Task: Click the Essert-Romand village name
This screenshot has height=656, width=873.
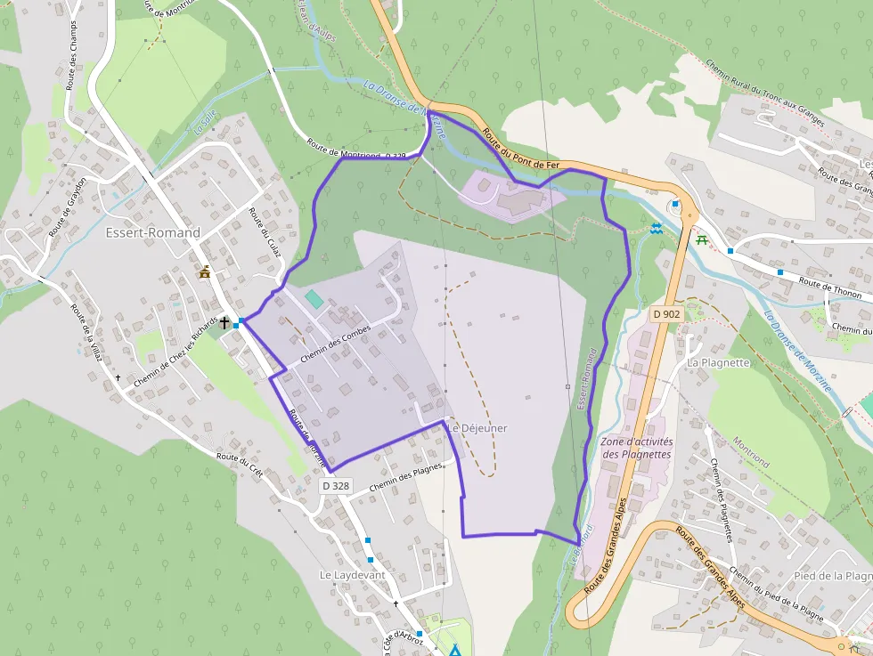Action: (152, 233)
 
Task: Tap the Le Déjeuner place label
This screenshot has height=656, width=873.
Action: (477, 428)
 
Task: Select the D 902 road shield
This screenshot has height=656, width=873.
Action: (665, 314)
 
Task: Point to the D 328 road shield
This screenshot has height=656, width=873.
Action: (336, 486)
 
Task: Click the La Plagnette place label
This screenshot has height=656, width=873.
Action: (718, 363)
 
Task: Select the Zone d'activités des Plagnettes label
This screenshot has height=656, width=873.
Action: (637, 448)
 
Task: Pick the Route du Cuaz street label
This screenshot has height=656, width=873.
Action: (265, 233)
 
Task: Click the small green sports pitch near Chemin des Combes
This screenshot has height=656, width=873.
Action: (314, 298)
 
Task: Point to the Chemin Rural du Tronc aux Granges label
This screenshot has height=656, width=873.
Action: (766, 93)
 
